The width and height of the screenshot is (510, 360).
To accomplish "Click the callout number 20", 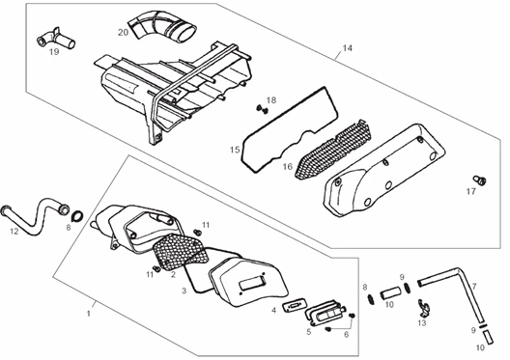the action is click(123, 32).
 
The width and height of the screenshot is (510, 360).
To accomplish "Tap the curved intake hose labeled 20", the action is click(161, 28).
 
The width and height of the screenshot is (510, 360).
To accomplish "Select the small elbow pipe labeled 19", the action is click(56, 40).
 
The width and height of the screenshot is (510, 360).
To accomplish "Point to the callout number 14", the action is click(348, 48).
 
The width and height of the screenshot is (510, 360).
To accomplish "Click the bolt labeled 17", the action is click(480, 180).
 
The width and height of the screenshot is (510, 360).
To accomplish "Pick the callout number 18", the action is click(271, 100).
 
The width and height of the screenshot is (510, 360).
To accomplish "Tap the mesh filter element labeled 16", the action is click(333, 149).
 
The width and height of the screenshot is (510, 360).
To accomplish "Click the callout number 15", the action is click(235, 150).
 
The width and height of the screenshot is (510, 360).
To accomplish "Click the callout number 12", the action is click(14, 231).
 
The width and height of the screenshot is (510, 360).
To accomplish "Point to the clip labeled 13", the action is click(424, 309).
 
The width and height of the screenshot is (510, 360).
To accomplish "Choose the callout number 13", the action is click(422, 323).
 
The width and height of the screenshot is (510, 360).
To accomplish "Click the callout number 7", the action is click(474, 287).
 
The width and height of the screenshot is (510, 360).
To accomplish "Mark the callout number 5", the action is click(308, 331).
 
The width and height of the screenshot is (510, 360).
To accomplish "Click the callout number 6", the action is click(346, 334).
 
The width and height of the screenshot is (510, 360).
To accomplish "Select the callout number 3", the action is click(184, 291).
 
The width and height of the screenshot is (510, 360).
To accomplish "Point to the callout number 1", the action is click(88, 314).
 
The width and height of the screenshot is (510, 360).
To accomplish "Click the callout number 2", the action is click(173, 275).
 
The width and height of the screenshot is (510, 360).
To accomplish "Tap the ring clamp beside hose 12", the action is click(77, 216).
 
